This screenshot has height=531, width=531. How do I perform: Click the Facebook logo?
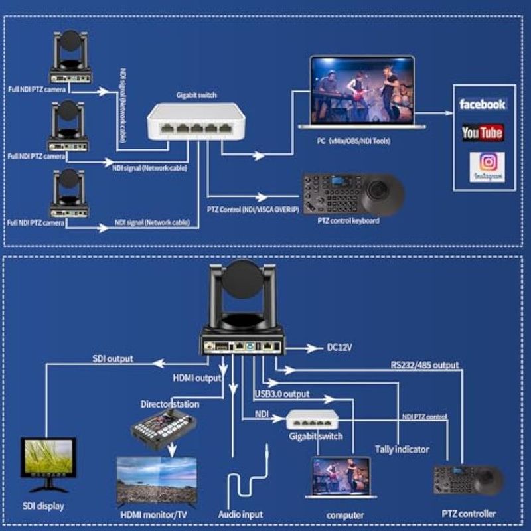pyautogui.click(x=483, y=104)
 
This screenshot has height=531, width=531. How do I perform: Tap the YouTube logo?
pyautogui.click(x=483, y=133)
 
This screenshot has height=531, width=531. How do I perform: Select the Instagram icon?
pyautogui.click(x=487, y=167)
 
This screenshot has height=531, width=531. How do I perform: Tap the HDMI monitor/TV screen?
pyautogui.click(x=157, y=480)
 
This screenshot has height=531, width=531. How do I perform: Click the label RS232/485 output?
pyautogui.click(x=424, y=364)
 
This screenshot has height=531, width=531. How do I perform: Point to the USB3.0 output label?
pyautogui.click(x=282, y=394)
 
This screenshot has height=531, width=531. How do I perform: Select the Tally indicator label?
pyautogui.click(x=402, y=449)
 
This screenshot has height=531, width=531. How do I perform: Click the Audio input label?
pyautogui.click(x=240, y=514)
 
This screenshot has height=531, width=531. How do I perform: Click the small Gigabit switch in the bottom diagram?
pyautogui.click(x=315, y=419)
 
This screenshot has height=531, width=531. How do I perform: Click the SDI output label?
pyautogui.click(x=112, y=358)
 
